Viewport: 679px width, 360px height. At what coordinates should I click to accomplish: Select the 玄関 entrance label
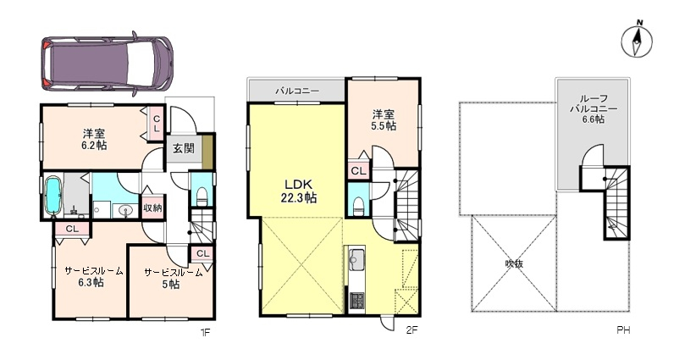(181, 149)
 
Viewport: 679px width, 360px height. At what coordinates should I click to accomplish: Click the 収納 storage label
(152, 207)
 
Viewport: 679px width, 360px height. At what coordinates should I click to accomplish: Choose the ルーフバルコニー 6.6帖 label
(593, 108)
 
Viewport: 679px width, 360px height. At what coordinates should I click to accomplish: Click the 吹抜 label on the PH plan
(514, 263)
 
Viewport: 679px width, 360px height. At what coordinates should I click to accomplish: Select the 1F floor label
(205, 332)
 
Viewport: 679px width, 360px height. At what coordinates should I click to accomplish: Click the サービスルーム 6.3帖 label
(93, 277)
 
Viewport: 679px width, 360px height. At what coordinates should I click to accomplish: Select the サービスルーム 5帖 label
(172, 278)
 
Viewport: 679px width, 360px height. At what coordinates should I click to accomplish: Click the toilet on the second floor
(359, 203)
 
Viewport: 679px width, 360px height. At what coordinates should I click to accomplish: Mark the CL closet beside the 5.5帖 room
(357, 170)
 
